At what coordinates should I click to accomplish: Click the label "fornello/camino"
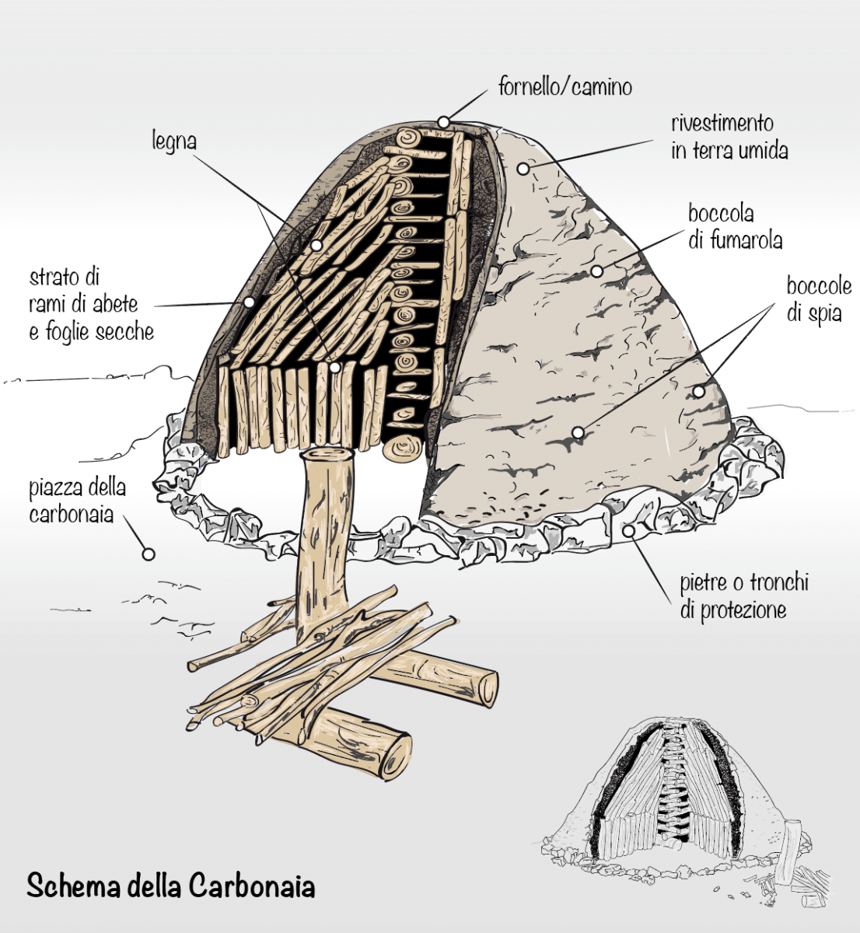click(x=565, y=86)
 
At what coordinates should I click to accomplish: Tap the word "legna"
click(x=173, y=142)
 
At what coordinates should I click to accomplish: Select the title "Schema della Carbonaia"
click(x=171, y=886)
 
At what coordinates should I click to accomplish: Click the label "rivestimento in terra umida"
click(x=729, y=136)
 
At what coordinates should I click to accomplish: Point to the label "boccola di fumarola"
click(x=735, y=226)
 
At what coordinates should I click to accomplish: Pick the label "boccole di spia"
click(x=818, y=300)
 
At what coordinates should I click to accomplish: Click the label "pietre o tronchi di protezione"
click(x=744, y=596)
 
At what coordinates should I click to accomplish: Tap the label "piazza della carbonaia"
click(x=78, y=501)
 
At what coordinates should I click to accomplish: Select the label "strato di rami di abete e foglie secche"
click(x=91, y=304)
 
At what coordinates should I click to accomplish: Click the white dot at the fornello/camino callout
click(x=443, y=122)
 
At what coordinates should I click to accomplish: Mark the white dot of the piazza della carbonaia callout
click(x=147, y=554)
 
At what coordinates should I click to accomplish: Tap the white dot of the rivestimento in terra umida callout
click(x=523, y=168)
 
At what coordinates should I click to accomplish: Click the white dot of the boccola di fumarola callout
click(x=596, y=271)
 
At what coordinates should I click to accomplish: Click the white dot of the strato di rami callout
click(x=249, y=302)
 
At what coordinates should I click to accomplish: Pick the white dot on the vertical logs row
click(x=334, y=367)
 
